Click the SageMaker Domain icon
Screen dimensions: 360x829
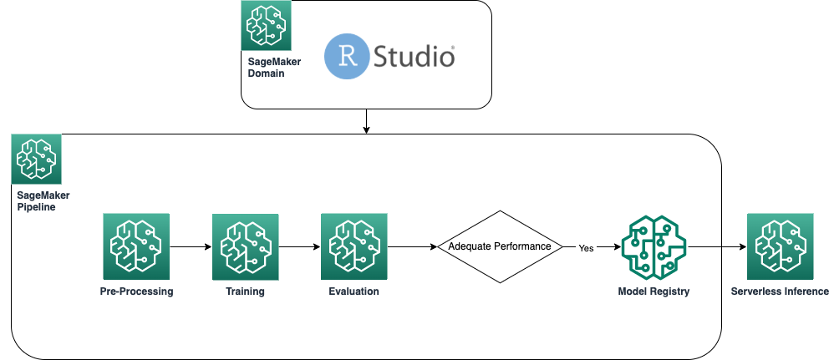click(267, 26)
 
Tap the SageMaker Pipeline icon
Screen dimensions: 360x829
click(37, 159)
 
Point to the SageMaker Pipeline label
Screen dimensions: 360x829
click(43, 200)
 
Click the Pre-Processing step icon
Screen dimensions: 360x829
click(135, 246)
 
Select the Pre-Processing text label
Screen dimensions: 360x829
click(135, 292)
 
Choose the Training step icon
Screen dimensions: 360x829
click(245, 246)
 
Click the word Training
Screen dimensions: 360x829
click(245, 292)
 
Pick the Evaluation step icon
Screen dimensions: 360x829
click(353, 246)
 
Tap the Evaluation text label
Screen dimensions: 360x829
click(353, 292)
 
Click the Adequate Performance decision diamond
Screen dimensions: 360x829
click(499, 246)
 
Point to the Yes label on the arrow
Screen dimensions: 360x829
click(586, 247)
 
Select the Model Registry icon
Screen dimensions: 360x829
click(653, 246)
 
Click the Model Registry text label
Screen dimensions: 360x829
click(654, 292)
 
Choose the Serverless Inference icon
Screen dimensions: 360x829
click(780, 246)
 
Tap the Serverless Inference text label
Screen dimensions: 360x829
click(779, 292)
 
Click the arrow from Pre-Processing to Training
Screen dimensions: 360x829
click(191, 246)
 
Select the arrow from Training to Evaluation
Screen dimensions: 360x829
click(299, 246)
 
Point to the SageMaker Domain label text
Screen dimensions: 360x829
click(267, 68)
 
